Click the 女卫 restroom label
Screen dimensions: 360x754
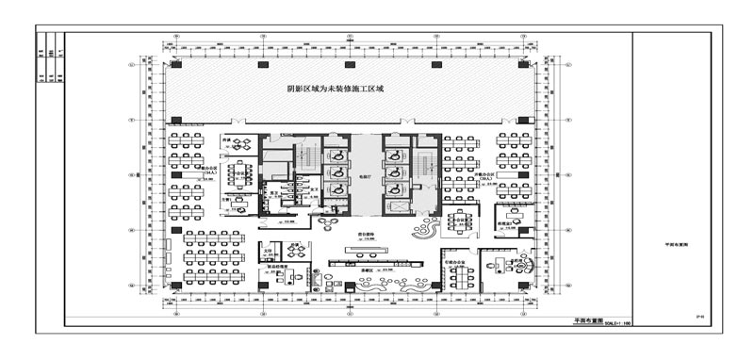click(x=311, y=189)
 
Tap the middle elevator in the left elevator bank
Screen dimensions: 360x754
click(x=335, y=172)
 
